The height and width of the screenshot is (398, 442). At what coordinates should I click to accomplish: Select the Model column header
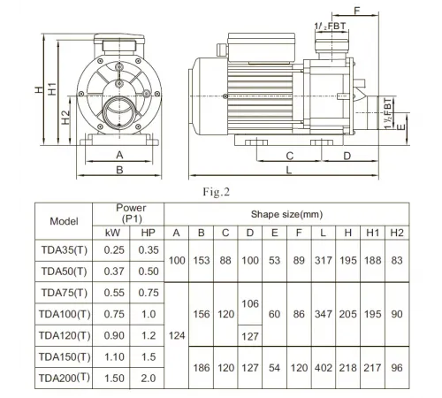(x=64, y=221)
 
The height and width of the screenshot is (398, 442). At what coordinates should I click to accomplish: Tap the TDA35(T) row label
(x=64, y=249)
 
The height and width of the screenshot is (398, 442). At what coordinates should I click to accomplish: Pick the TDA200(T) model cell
(x=64, y=377)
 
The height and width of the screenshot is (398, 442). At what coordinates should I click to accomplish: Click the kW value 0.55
(x=114, y=292)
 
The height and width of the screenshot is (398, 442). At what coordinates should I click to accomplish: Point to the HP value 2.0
(x=148, y=377)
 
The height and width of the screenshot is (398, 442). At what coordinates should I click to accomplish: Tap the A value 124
(x=177, y=334)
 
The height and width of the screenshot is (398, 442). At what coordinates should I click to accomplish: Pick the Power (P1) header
(x=131, y=212)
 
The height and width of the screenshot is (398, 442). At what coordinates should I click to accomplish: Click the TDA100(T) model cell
(x=64, y=313)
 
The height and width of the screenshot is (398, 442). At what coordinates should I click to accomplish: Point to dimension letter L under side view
(x=289, y=169)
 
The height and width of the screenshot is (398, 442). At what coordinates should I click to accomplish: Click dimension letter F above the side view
(x=357, y=11)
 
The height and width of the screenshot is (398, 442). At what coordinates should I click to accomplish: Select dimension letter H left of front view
(x=41, y=89)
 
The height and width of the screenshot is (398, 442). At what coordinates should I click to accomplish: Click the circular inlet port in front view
(x=119, y=112)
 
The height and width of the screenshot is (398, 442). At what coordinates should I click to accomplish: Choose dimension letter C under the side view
(x=288, y=154)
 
